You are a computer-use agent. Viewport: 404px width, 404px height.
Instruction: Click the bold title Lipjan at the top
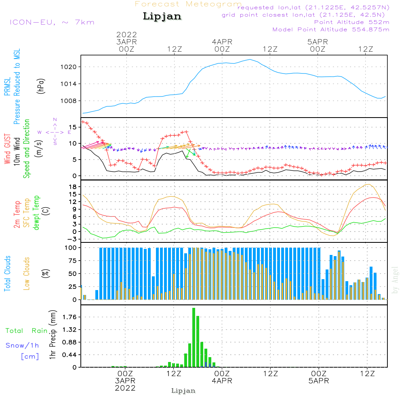click(x=162, y=17)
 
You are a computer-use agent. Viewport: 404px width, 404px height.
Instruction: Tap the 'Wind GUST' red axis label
click(x=8, y=148)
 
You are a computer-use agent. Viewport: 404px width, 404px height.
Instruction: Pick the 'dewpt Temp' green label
click(x=36, y=213)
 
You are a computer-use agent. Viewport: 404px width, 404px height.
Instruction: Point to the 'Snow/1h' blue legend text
click(x=23, y=345)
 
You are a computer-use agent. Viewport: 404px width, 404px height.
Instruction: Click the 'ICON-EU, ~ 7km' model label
click(x=51, y=22)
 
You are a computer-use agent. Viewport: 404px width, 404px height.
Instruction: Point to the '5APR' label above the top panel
click(x=318, y=42)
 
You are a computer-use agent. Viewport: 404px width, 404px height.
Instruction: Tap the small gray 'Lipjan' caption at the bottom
click(x=183, y=391)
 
